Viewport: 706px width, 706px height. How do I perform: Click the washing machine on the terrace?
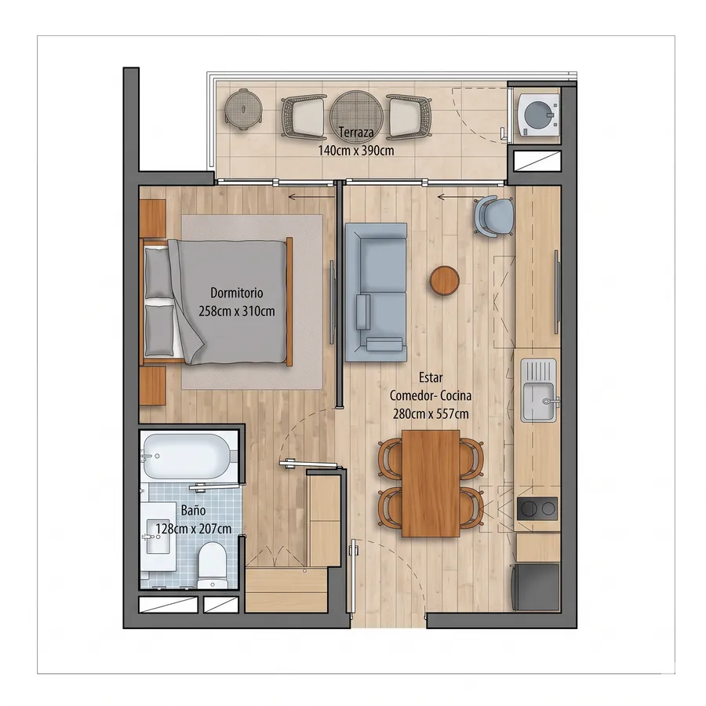pyautogui.click(x=538, y=115)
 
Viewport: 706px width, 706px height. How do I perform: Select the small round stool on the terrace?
pyautogui.click(x=244, y=109)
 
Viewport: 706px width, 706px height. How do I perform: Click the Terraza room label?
pyautogui.click(x=356, y=133)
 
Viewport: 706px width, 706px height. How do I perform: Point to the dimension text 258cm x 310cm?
pyautogui.click(x=237, y=311)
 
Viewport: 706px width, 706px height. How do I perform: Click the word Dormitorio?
pyautogui.click(x=237, y=293)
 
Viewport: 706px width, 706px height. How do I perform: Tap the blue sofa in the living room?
pyautogui.click(x=376, y=293)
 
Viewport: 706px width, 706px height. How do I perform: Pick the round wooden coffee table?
pyautogui.click(x=445, y=281)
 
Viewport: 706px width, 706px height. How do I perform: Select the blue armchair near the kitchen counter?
pyautogui.click(x=494, y=217)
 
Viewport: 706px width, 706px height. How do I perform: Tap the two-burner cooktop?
pyautogui.click(x=537, y=509)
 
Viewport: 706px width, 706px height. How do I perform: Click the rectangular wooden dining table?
pyautogui.click(x=431, y=483)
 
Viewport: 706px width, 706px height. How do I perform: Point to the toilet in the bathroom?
pyautogui.click(x=212, y=565)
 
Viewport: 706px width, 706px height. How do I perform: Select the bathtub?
pyautogui.click(x=189, y=456)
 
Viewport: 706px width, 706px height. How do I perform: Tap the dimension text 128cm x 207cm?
pyautogui.click(x=194, y=529)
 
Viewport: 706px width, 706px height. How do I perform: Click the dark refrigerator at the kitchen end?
pyautogui.click(x=534, y=587)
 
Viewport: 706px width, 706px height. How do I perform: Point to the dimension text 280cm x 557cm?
pyautogui.click(x=431, y=413)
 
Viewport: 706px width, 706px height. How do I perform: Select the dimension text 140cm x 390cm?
pyautogui.click(x=356, y=151)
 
